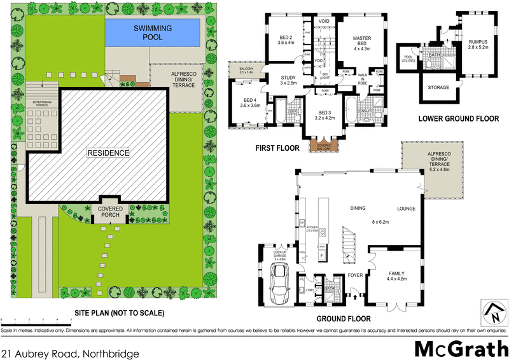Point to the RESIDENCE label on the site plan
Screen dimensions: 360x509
click(109, 153)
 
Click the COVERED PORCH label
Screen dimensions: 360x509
click(110, 211)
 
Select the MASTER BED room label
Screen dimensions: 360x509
click(361, 42)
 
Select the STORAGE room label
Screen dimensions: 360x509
click(438, 87)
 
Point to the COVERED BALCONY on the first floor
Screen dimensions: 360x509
click(323, 146)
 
